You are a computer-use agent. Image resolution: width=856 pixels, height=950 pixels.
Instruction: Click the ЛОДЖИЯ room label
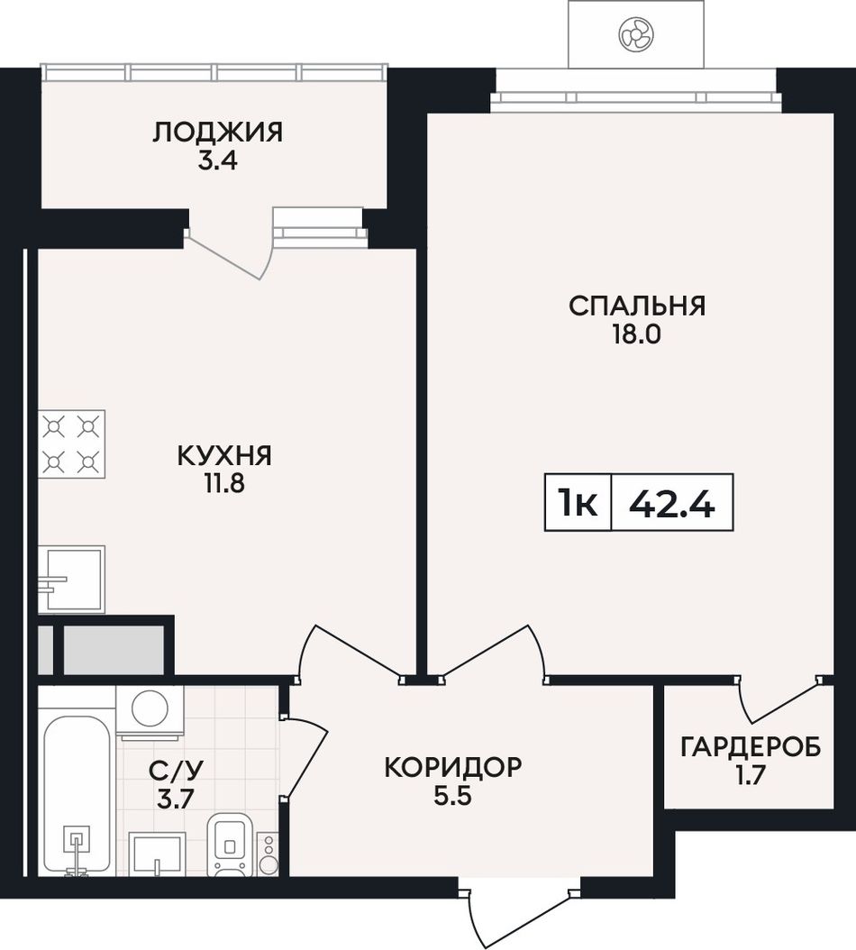tap(217, 132)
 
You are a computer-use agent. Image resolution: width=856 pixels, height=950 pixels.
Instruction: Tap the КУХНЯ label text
tap(224, 455)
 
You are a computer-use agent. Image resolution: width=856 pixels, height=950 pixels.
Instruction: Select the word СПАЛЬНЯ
tap(637, 306)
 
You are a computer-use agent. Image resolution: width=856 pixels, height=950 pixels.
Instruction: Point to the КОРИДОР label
tap(452, 767)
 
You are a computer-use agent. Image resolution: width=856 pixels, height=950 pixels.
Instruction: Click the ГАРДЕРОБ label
tap(751, 747)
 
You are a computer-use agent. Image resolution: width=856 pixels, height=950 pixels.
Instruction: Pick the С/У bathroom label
tap(177, 771)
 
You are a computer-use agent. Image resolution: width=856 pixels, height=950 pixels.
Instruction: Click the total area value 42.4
tap(672, 503)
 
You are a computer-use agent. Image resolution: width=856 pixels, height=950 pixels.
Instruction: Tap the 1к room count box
tap(578, 503)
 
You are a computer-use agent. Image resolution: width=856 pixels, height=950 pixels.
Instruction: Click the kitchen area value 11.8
tap(224, 484)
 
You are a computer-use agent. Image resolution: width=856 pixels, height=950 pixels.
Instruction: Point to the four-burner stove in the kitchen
tap(71, 444)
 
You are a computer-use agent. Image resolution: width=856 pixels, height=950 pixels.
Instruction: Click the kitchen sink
tap(71, 580)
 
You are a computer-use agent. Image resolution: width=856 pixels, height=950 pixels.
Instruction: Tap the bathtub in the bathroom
tap(77, 796)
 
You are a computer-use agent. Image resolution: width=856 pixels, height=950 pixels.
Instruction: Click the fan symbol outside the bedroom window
tap(635, 33)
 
